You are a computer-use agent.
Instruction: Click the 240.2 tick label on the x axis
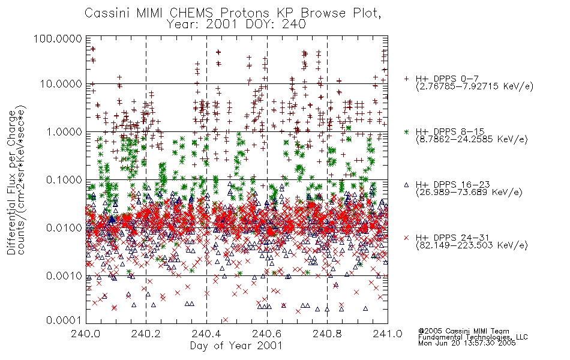146,334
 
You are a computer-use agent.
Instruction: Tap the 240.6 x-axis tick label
267,334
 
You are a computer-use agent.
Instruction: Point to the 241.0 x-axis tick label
388,334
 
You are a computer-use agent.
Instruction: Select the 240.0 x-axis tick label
86,334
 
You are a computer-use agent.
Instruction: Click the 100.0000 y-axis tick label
58,38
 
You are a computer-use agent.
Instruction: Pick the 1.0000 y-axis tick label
64,131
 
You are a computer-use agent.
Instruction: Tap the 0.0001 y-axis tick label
64,320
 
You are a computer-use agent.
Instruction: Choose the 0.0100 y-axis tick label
64,228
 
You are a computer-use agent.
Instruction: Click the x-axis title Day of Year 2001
236,346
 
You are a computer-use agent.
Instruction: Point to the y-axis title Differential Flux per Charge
11,182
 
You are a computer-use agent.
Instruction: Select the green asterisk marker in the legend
406,132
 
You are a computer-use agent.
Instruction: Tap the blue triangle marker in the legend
406,185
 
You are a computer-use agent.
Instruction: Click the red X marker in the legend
406,238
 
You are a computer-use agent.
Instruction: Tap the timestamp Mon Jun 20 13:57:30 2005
467,343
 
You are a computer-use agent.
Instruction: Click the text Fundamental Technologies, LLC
473,337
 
